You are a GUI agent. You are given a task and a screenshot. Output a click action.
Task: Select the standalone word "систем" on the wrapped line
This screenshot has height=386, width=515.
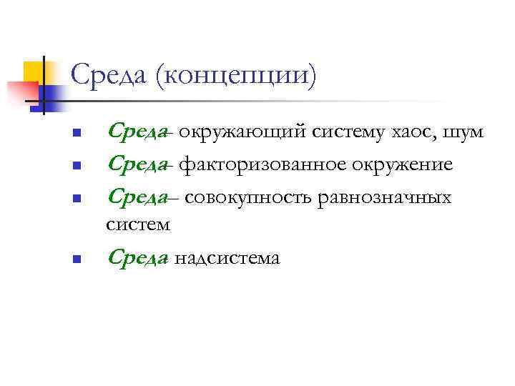point(138,225)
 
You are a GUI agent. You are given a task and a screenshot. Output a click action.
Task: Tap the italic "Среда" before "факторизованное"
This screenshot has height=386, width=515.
point(138,165)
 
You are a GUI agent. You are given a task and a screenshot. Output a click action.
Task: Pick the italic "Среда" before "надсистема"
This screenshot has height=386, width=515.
point(138,257)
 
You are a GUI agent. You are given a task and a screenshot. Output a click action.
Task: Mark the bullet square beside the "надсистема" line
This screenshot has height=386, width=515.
point(76,259)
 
